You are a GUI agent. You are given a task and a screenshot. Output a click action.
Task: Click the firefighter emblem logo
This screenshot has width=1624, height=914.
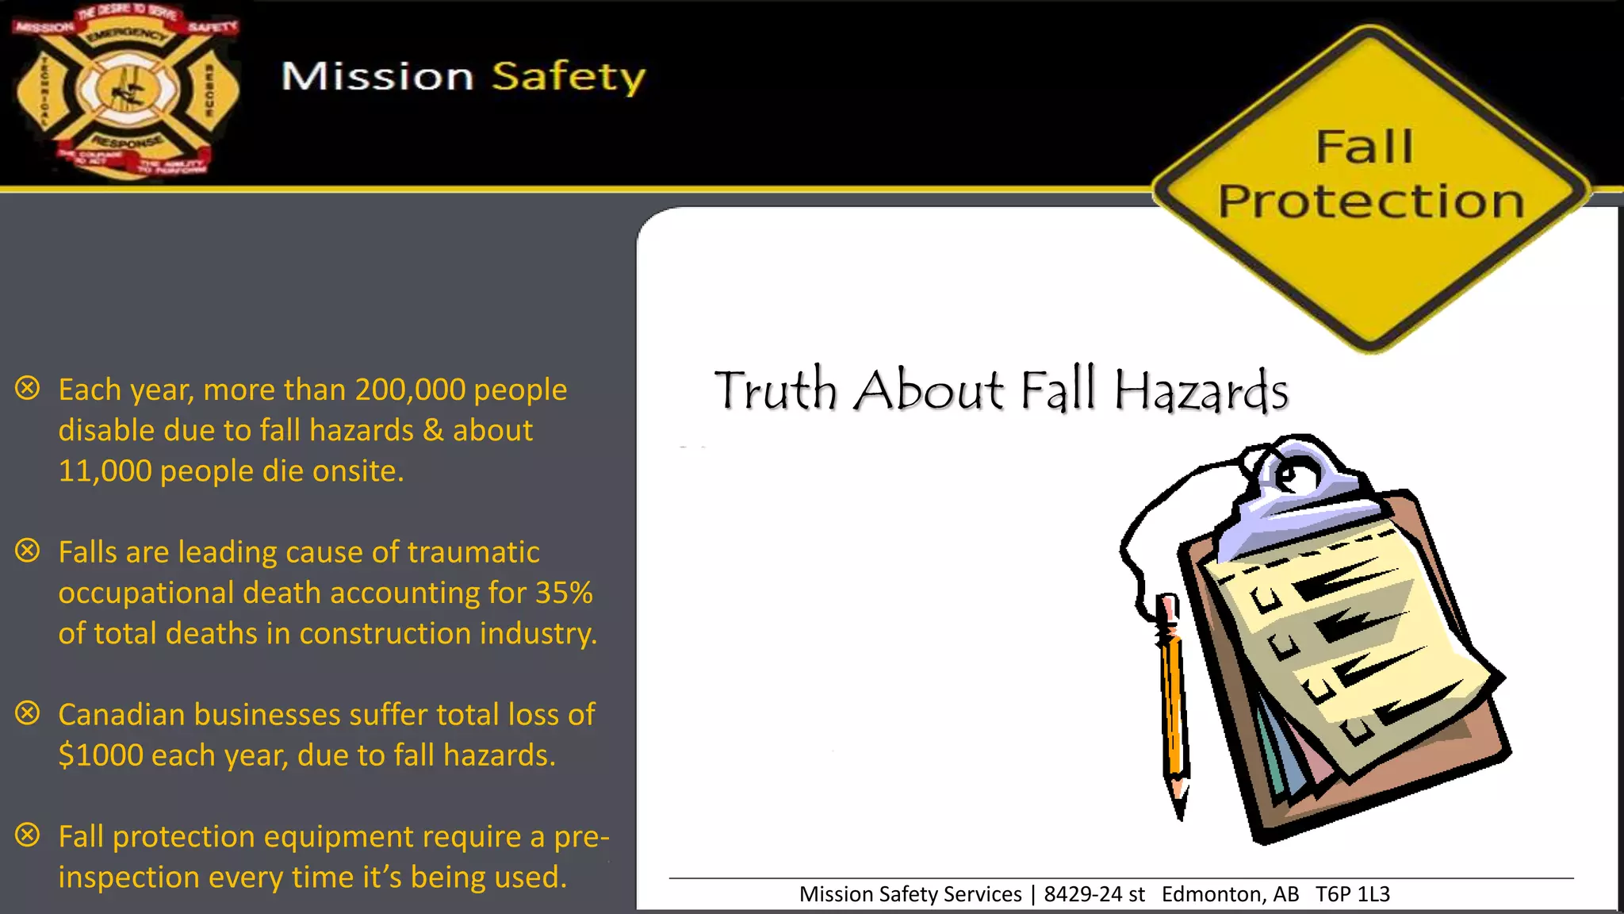point(125,91)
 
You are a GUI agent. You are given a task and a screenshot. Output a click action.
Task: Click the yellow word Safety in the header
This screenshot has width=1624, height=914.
point(568,77)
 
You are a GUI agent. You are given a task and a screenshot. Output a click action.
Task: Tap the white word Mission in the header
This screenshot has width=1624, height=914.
point(377,77)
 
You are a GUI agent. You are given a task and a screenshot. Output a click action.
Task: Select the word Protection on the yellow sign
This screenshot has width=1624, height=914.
point(1371,202)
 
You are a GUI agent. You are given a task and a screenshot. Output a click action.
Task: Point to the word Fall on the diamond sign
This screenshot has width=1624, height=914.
point(1364,147)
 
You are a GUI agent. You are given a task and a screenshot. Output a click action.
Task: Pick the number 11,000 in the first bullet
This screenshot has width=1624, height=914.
point(105,471)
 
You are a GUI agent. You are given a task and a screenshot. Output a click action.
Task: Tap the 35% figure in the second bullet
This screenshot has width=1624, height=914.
point(564,593)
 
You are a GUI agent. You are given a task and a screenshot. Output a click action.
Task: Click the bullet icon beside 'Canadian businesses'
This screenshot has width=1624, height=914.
point(28,712)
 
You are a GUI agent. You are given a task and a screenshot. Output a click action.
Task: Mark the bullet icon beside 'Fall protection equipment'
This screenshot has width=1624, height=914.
point(28,835)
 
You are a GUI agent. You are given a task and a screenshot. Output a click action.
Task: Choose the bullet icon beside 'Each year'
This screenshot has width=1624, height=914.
point(28,388)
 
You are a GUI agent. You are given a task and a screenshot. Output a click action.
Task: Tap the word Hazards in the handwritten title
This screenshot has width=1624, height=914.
point(1201,391)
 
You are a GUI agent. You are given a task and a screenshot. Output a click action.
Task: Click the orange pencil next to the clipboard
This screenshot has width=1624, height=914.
point(1172,698)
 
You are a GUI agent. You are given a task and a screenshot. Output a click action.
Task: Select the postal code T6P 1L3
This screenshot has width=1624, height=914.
point(1353,894)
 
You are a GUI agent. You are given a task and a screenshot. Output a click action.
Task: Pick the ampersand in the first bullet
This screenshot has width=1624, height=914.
point(433,431)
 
